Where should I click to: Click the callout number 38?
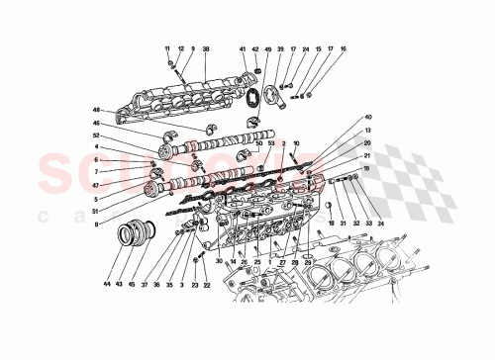[x=206, y=48]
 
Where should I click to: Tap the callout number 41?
[x=241, y=48]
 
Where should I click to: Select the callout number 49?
[x=267, y=48]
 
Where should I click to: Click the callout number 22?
[x=207, y=286]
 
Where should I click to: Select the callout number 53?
[x=270, y=143]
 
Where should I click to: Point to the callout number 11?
[x=167, y=48]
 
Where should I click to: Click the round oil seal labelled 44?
[x=128, y=235]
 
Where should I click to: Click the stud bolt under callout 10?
[x=295, y=163]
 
